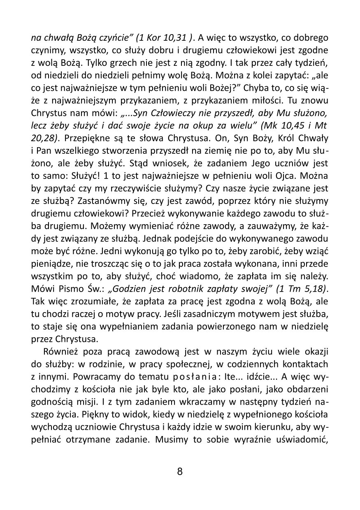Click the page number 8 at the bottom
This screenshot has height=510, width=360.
click(x=180, y=471)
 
